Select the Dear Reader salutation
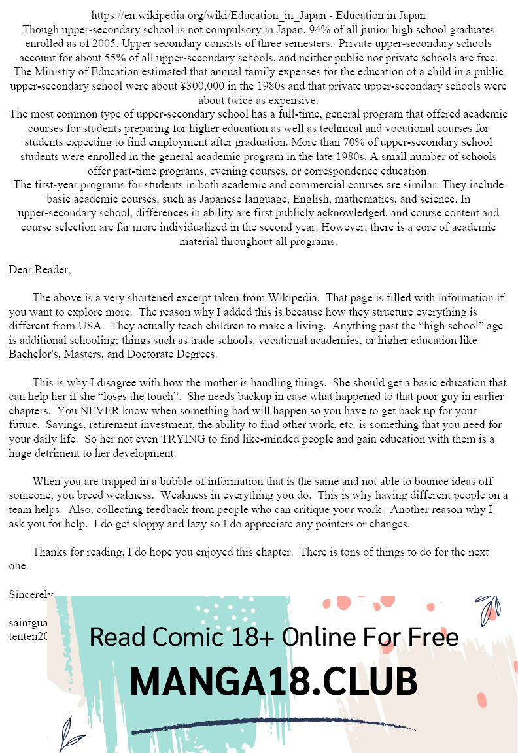(x=39, y=269)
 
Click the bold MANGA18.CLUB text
(x=273, y=682)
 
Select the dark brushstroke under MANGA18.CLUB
(x=273, y=727)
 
